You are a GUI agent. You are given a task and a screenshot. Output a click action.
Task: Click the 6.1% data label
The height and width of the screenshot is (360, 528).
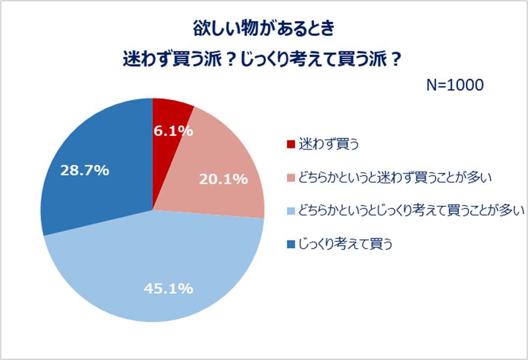point(170,131)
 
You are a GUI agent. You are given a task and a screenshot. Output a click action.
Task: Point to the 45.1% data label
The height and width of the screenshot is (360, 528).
point(168,289)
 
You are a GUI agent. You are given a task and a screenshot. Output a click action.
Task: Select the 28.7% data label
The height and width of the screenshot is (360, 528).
point(84,170)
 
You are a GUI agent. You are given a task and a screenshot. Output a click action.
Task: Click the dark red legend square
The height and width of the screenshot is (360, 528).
point(291,145)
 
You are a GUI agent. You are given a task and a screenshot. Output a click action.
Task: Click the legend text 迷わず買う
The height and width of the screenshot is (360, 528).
point(329,145)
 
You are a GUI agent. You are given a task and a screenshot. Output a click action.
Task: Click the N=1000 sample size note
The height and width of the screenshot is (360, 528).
point(454,85)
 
